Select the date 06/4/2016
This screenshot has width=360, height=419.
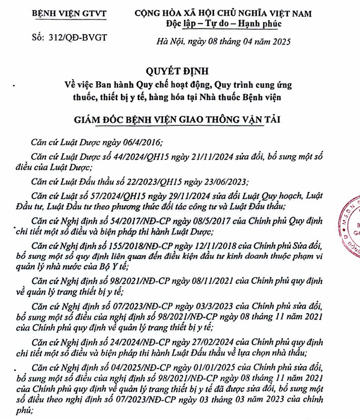pos(138,143)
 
